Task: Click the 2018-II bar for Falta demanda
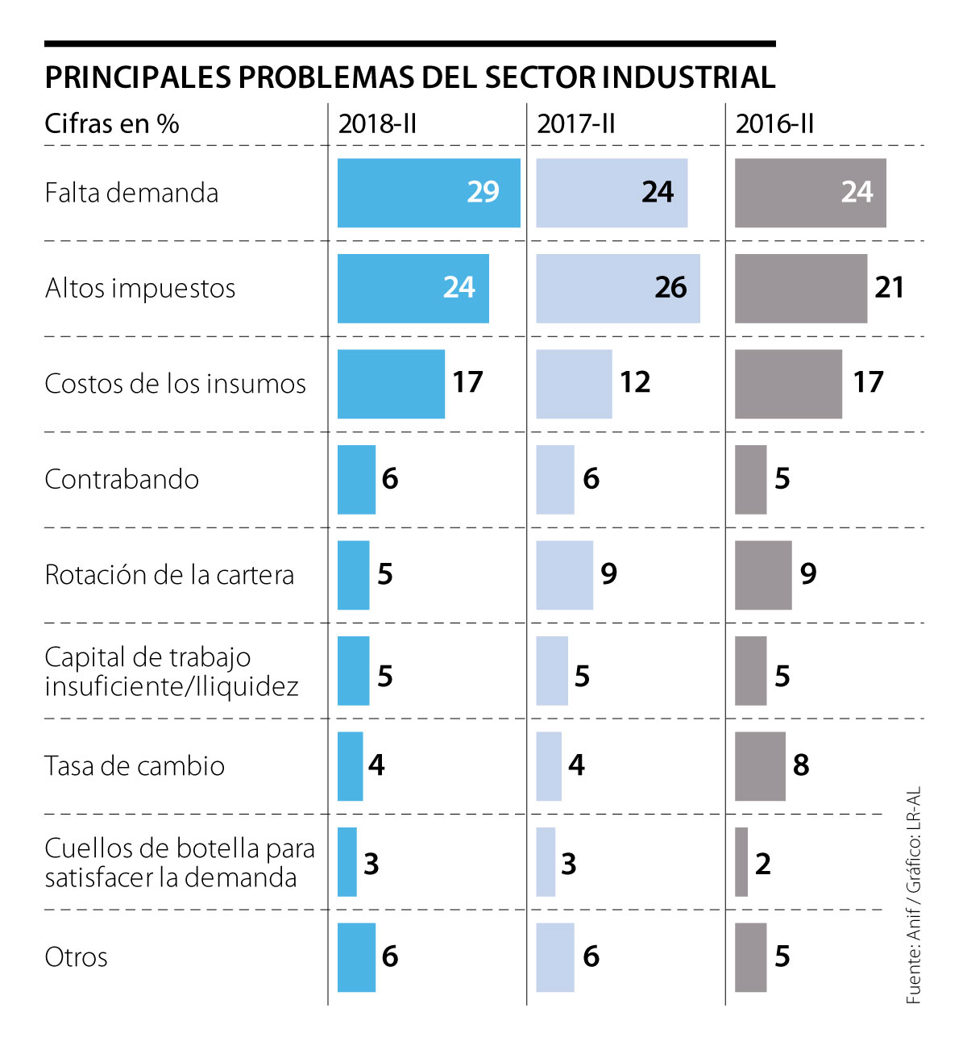pyautogui.click(x=429, y=193)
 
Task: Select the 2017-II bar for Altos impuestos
pyautogui.click(x=617, y=289)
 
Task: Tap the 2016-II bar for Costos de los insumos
pyautogui.click(x=788, y=384)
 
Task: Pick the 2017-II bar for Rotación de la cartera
pyautogui.click(x=564, y=575)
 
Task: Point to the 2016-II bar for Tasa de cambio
pyautogui.click(x=760, y=766)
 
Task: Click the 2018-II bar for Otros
pyautogui.click(x=356, y=957)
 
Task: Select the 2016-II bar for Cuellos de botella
pyautogui.click(x=741, y=862)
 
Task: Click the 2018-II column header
pyautogui.click(x=377, y=124)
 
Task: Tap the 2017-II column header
pyautogui.click(x=575, y=124)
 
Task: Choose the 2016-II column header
pyautogui.click(x=774, y=124)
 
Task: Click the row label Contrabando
pyautogui.click(x=122, y=479)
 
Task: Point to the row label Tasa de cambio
pyautogui.click(x=135, y=765)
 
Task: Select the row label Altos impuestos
pyautogui.click(x=140, y=288)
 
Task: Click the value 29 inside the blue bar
pyautogui.click(x=483, y=192)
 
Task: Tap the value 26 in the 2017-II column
pyautogui.click(x=670, y=287)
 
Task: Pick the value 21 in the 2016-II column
pyautogui.click(x=889, y=287)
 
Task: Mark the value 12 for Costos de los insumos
pyautogui.click(x=635, y=382)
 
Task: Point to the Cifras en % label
pyautogui.click(x=111, y=124)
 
